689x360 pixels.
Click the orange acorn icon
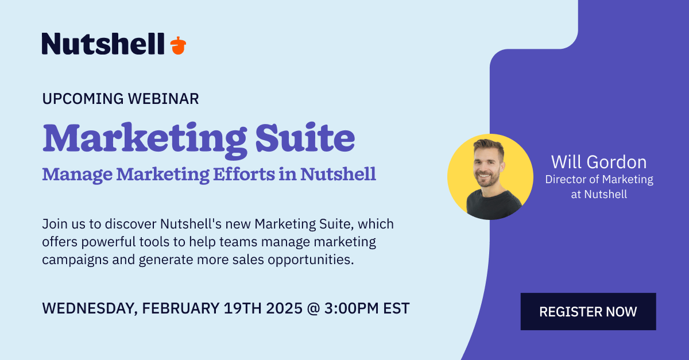178,45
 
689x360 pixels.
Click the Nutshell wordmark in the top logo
103,44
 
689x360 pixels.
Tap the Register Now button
588,311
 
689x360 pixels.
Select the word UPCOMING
83,99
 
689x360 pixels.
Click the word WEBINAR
163,99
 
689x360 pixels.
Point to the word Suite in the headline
305,138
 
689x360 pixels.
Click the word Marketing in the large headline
145,140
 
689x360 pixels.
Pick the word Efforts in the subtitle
244,174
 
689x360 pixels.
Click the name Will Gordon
599,162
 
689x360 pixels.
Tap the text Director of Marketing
599,179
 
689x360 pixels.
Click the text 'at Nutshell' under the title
599,195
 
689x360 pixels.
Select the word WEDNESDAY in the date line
90,309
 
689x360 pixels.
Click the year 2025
284,308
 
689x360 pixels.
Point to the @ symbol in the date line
313,309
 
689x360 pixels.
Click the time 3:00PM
351,308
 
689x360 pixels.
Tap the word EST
396,308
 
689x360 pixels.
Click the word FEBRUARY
180,308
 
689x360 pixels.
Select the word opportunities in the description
311,260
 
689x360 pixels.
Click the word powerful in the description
109,242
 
